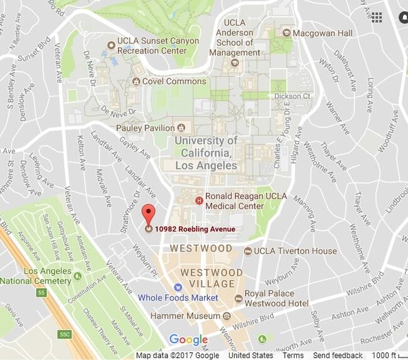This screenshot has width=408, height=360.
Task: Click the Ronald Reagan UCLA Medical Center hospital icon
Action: (x=200, y=201)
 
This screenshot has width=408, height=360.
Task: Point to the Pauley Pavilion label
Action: (x=145, y=128)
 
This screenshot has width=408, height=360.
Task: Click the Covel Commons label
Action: (x=174, y=81)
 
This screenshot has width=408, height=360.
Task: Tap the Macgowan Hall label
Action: (x=318, y=33)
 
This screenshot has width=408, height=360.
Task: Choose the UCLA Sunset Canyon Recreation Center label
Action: (x=158, y=46)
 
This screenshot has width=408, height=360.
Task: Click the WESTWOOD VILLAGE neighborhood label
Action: (x=212, y=278)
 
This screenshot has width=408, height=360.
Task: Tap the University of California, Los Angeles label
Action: (x=206, y=153)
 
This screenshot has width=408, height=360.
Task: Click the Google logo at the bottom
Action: (x=188, y=340)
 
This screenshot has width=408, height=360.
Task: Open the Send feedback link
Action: (x=338, y=356)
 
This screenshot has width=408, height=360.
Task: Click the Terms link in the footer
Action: (x=293, y=356)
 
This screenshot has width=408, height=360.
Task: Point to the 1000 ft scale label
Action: (x=384, y=356)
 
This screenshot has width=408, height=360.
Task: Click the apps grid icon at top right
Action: (x=377, y=17)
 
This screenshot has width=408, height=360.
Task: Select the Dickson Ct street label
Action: (x=292, y=96)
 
